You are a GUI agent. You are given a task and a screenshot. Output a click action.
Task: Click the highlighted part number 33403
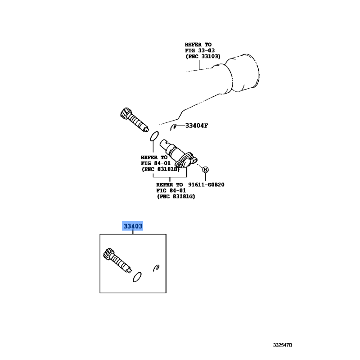[133, 226]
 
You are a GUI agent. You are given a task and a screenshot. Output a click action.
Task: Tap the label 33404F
[197, 126]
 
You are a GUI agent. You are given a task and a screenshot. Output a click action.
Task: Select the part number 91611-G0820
[206, 184]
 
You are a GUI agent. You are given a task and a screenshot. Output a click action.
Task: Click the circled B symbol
[205, 170]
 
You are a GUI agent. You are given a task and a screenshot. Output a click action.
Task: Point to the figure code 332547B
[283, 345]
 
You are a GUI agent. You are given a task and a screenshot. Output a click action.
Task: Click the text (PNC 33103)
[203, 56]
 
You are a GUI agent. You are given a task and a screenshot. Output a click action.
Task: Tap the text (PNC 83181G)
[176, 197]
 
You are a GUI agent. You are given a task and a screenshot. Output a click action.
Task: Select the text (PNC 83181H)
[160, 169]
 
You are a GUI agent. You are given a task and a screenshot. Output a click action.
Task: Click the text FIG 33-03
[200, 50]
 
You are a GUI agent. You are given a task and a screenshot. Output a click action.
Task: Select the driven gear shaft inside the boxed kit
[117, 261]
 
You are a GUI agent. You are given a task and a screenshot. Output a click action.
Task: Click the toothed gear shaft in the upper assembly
[134, 120]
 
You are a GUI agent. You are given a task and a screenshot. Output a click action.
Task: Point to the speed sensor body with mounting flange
[178, 153]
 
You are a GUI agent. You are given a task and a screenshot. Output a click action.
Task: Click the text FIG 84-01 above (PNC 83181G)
[171, 190]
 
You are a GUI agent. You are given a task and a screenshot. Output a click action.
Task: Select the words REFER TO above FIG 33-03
[198, 45]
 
